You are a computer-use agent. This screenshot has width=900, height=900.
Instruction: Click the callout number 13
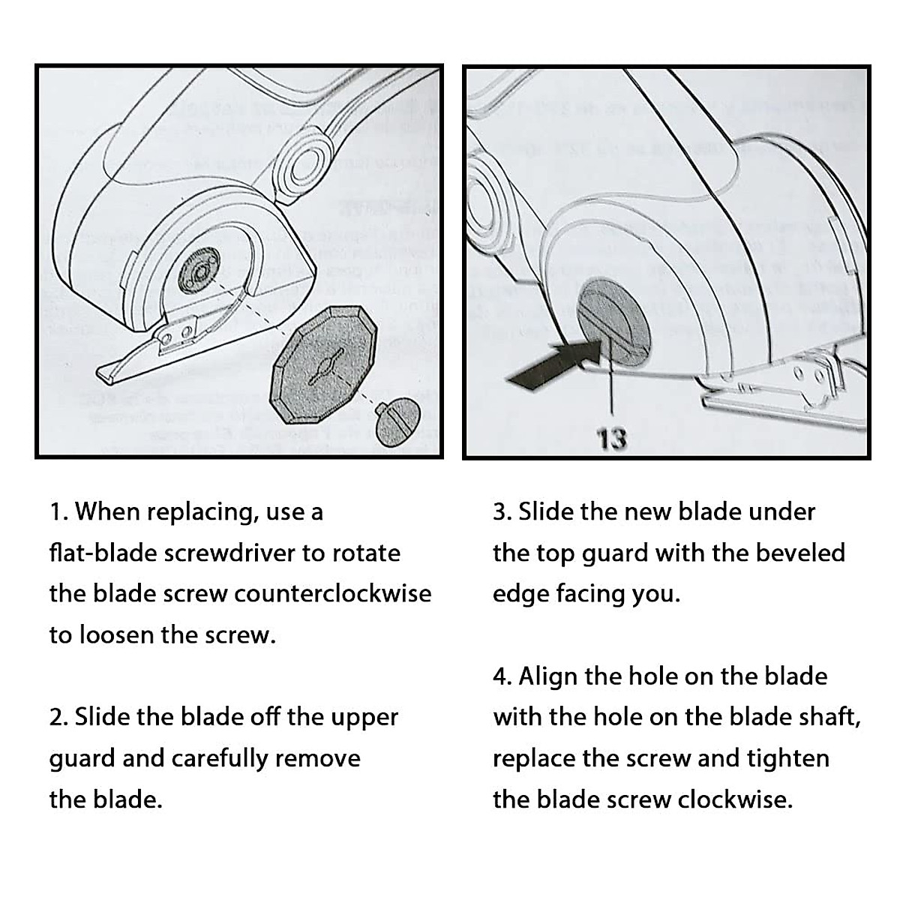click(x=612, y=438)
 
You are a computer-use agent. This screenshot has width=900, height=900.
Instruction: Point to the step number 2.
click(x=56, y=717)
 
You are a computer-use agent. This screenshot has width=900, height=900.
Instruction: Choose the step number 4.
click(x=501, y=676)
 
